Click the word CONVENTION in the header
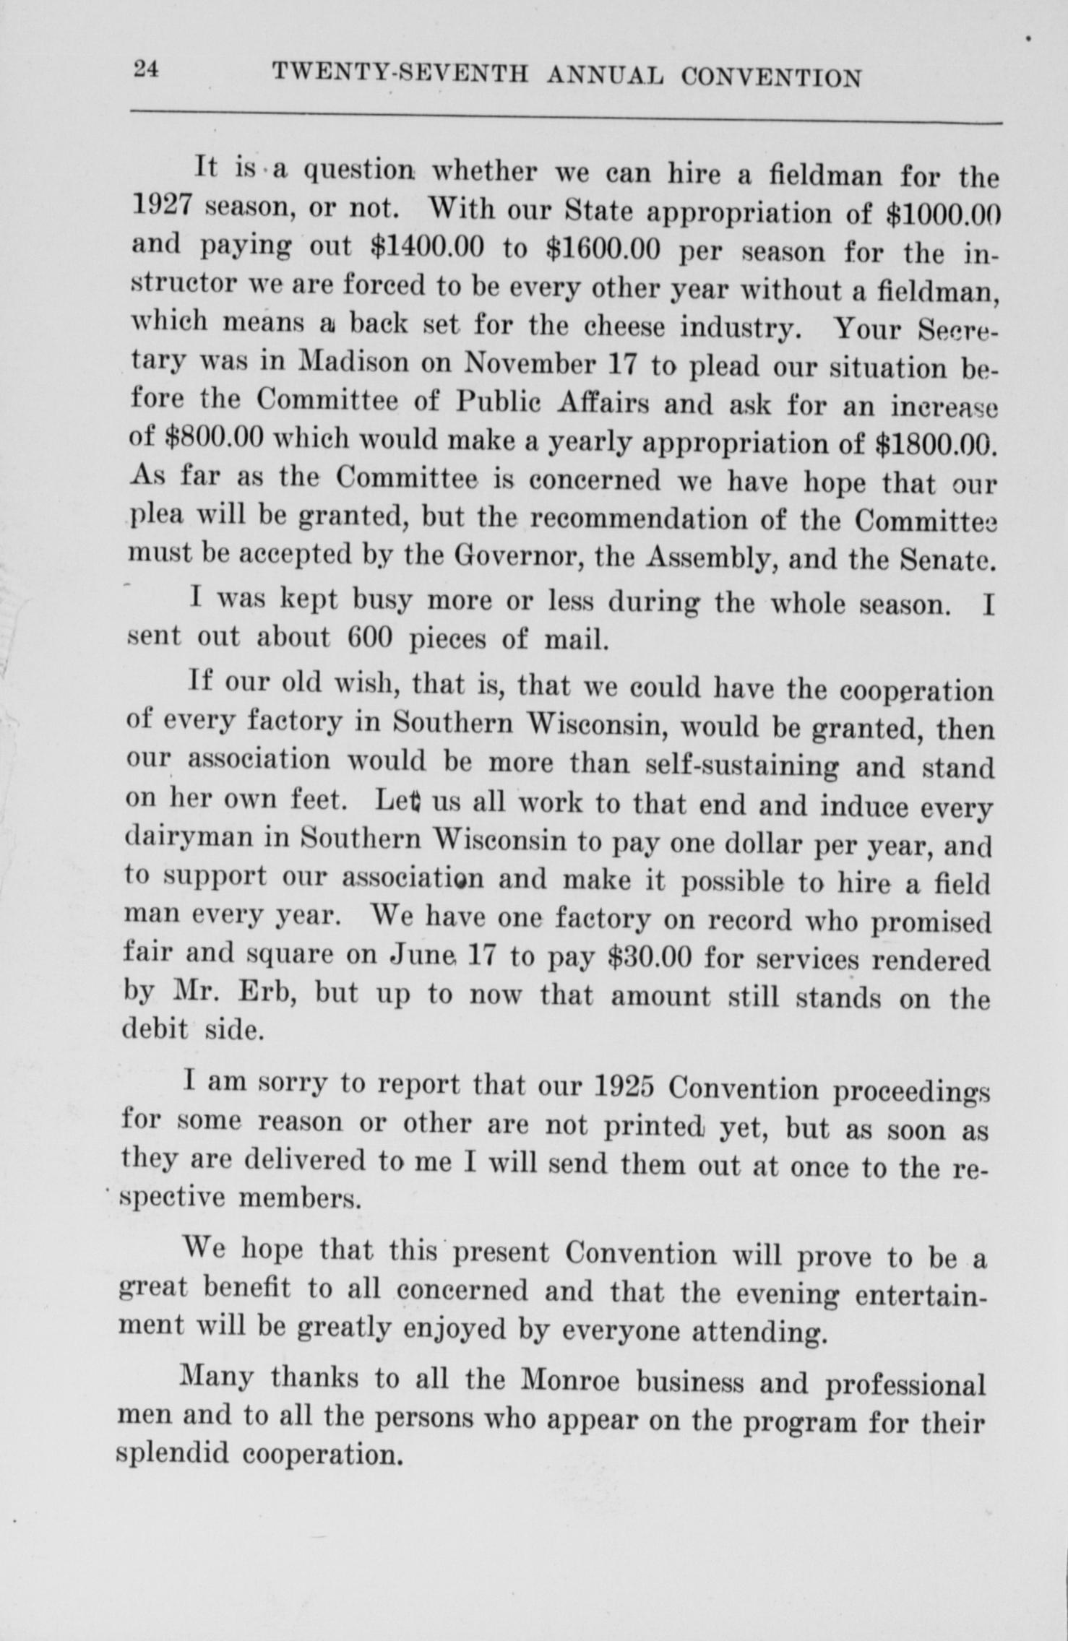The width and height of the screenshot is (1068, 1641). (x=771, y=77)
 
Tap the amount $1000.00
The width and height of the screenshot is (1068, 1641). (x=942, y=215)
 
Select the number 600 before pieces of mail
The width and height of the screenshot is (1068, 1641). (x=369, y=638)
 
